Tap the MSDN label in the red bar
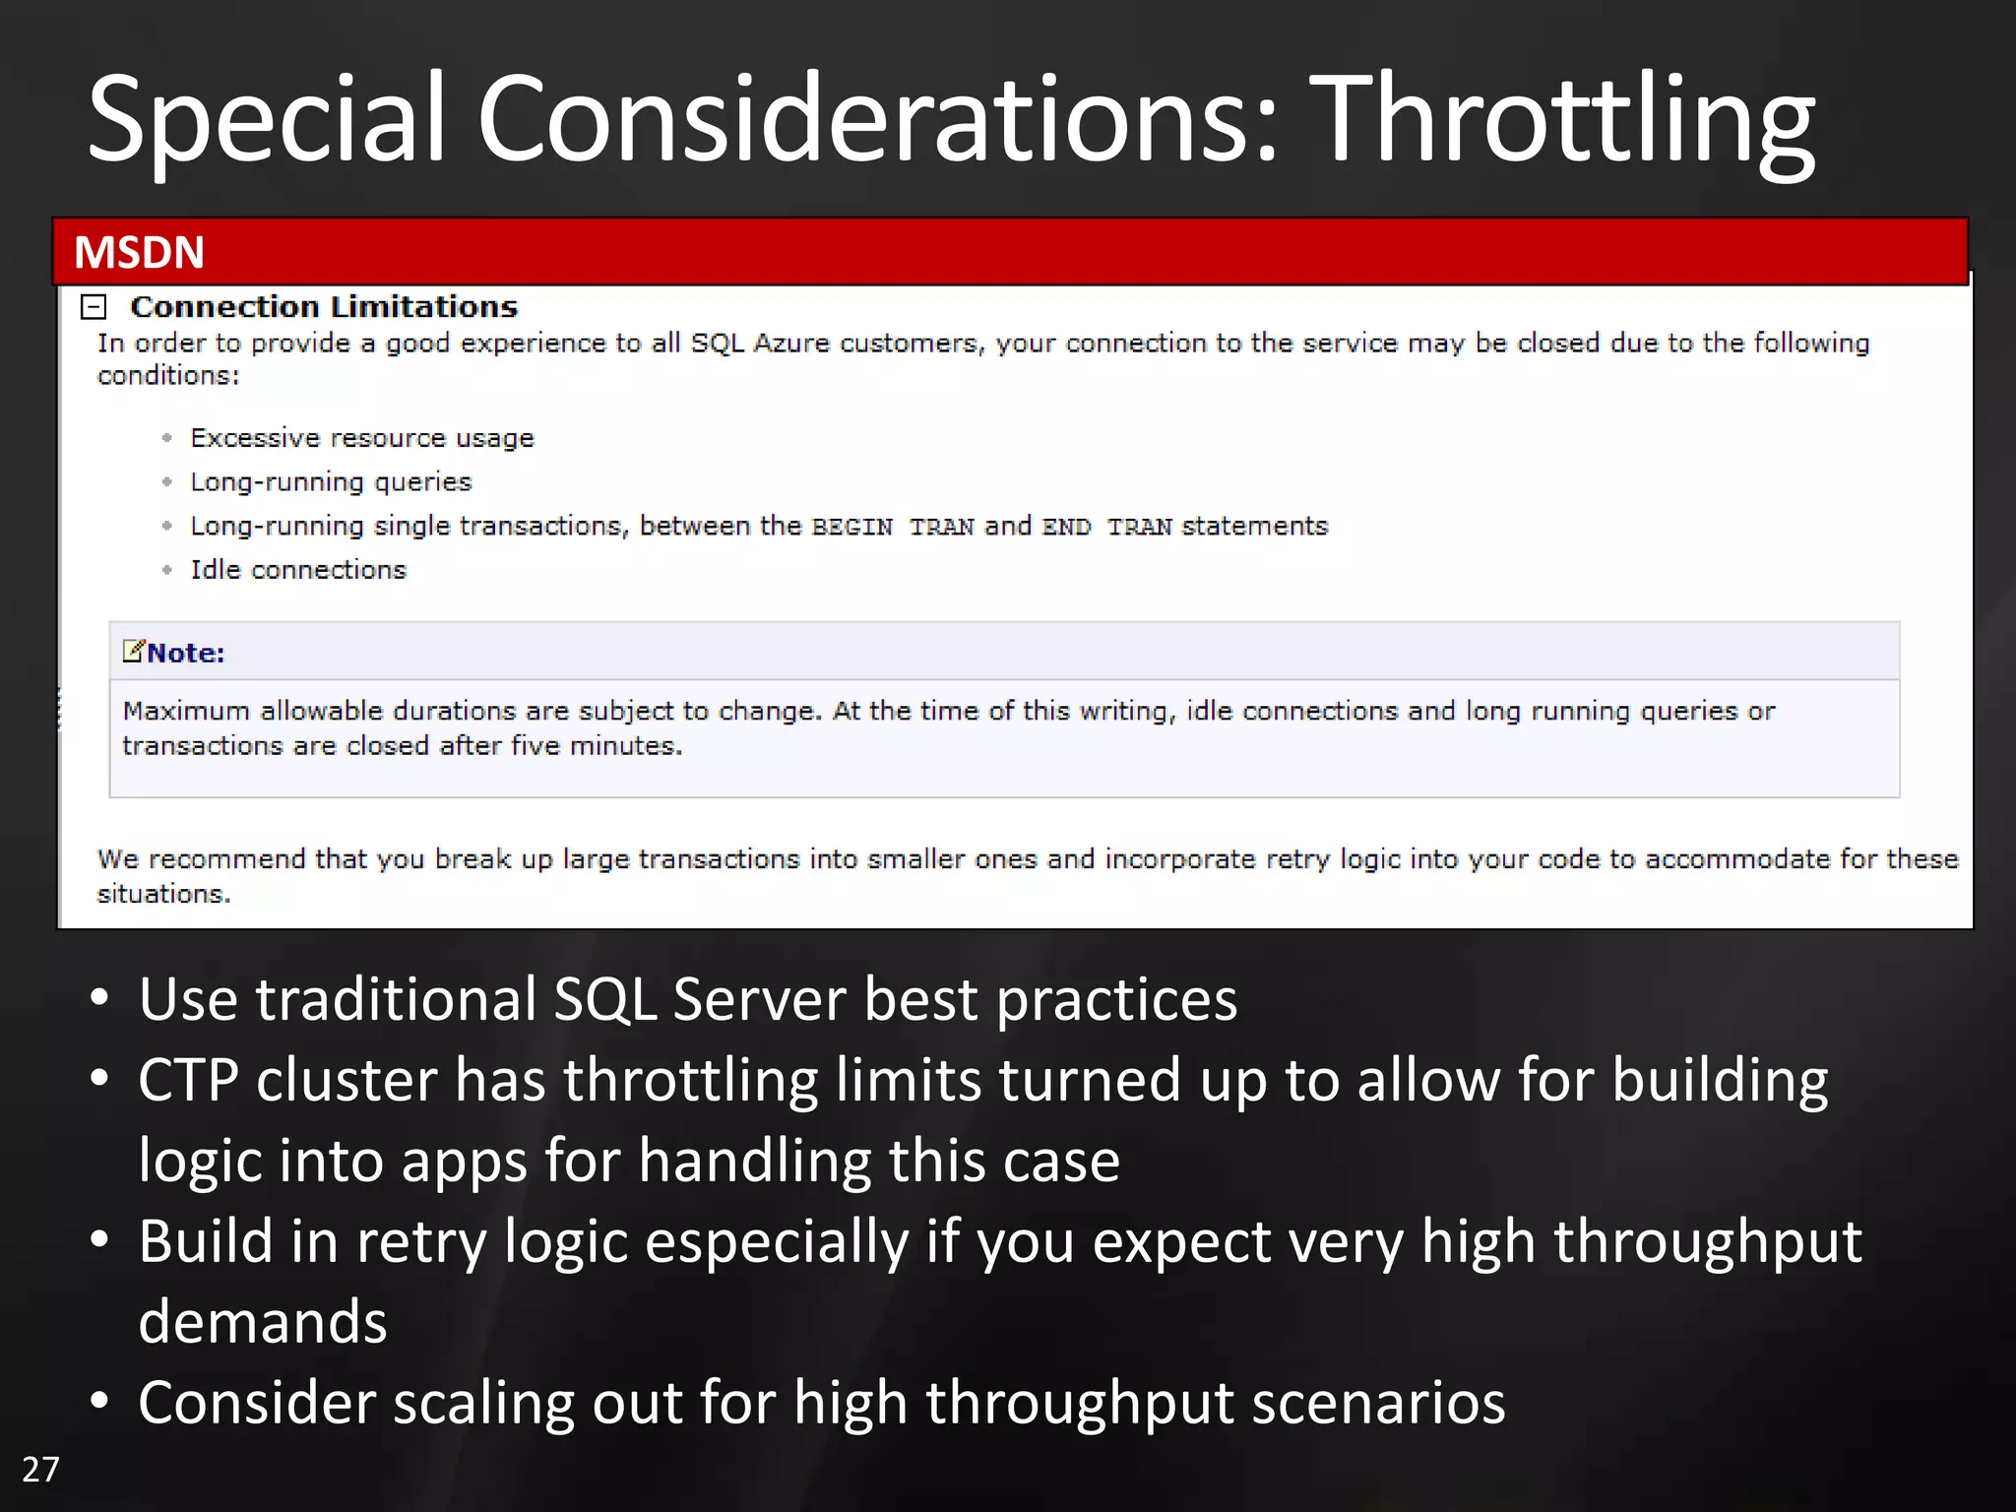point(139,253)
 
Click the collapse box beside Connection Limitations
point(94,307)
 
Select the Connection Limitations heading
point(324,307)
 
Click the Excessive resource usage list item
point(361,438)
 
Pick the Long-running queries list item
point(331,482)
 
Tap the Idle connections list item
point(297,570)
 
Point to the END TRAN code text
point(1106,528)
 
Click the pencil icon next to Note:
point(133,651)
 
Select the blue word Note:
point(186,654)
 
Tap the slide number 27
point(40,1470)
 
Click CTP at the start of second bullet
point(188,1081)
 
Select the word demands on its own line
point(262,1322)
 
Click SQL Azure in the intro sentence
point(760,344)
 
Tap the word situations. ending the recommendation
point(163,894)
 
